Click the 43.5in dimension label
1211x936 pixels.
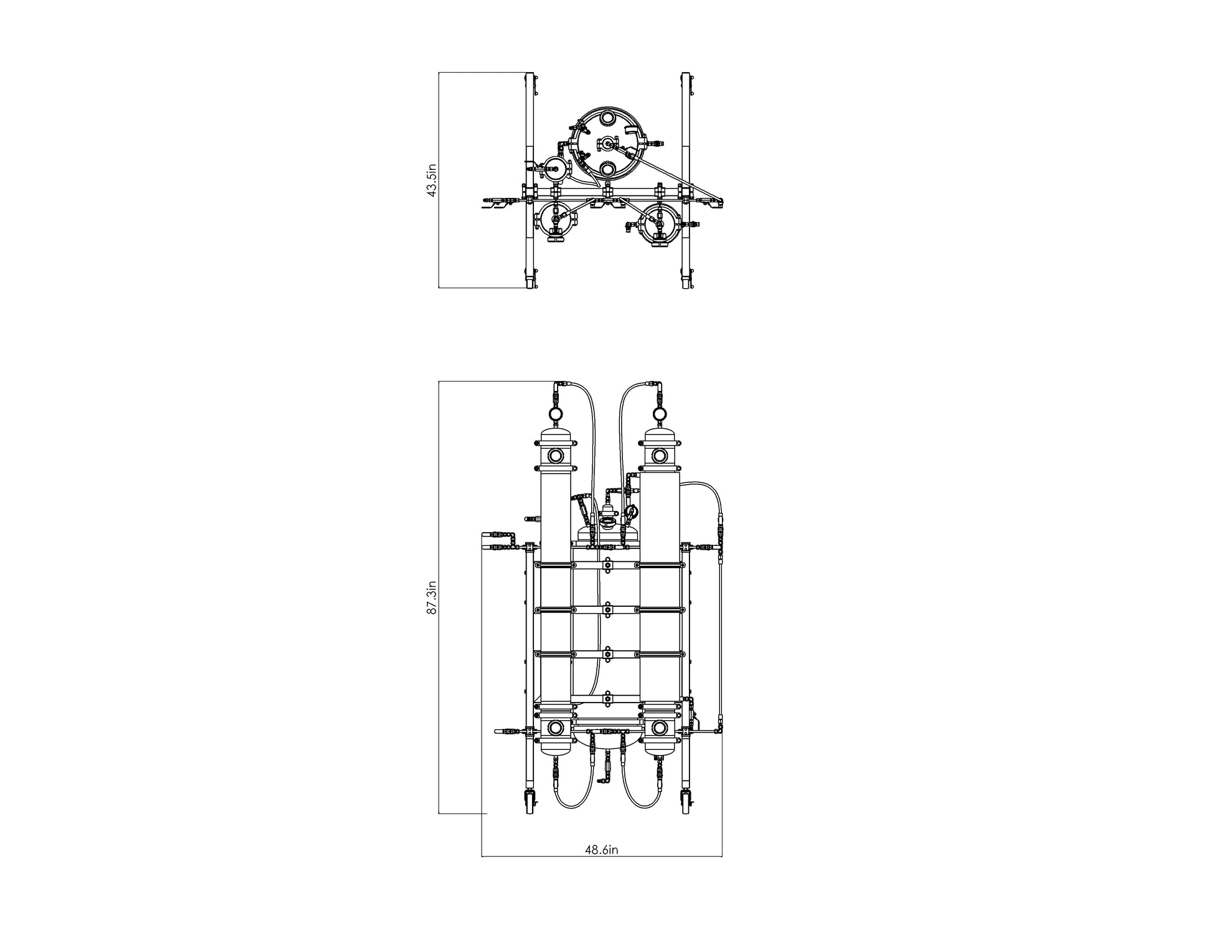click(432, 180)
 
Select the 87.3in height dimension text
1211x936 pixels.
click(432, 597)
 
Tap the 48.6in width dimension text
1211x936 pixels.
click(601, 849)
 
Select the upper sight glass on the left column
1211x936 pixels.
click(554, 456)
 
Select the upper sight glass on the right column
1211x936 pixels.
click(658, 456)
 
